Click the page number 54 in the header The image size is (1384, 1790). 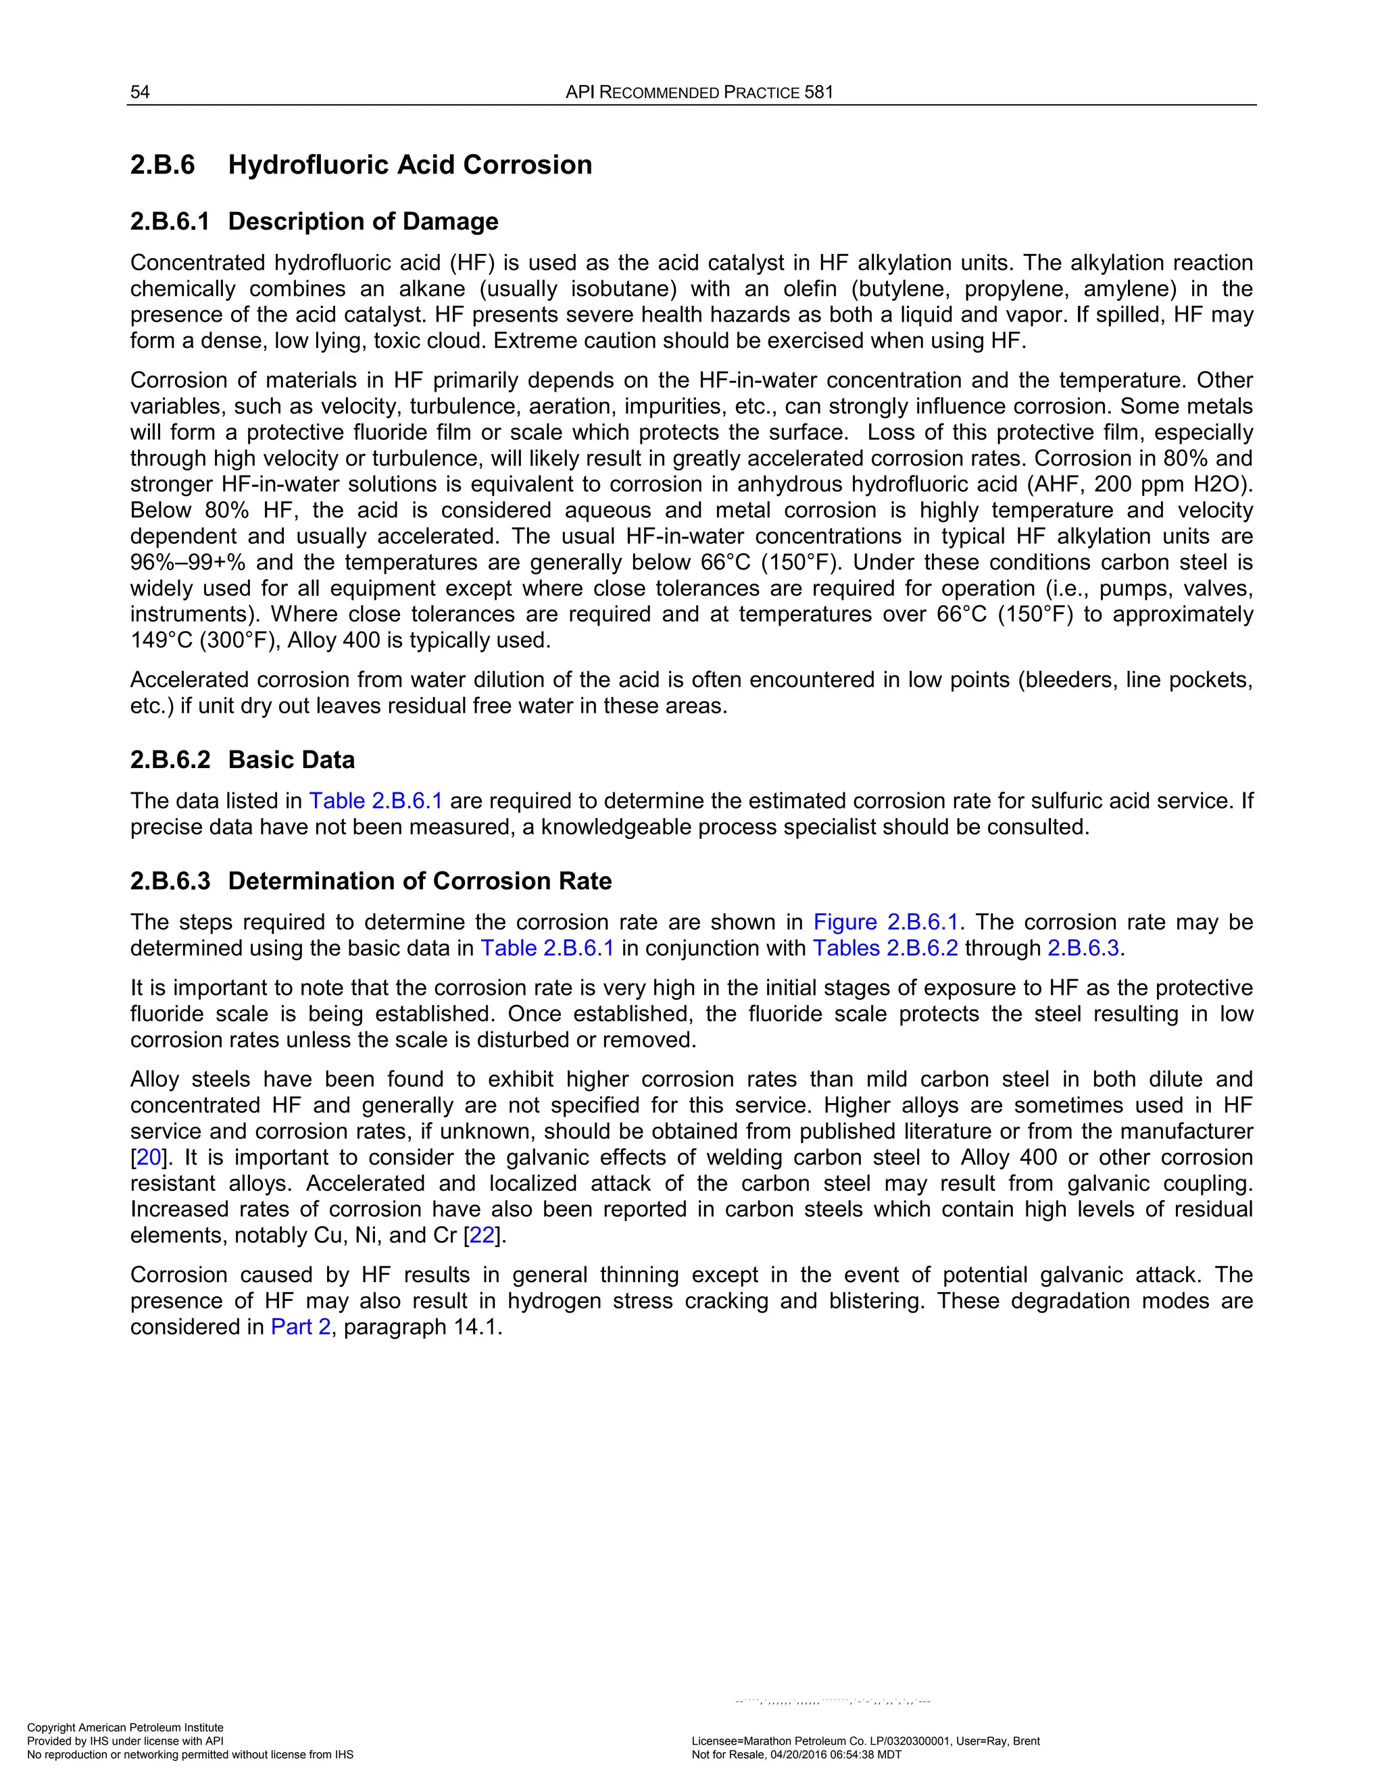(x=140, y=92)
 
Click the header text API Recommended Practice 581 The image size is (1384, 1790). (x=699, y=92)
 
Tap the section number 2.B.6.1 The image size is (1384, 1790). (x=170, y=222)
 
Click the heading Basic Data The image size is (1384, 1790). (x=291, y=760)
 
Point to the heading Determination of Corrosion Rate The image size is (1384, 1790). (x=420, y=881)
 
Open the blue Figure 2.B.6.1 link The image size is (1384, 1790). (x=885, y=922)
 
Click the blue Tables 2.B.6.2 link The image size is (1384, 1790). (x=885, y=948)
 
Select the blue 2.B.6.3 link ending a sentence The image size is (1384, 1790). (x=1083, y=948)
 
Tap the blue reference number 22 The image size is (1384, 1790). (x=482, y=1235)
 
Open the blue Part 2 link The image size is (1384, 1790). (x=300, y=1327)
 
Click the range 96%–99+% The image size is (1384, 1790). (x=188, y=562)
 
